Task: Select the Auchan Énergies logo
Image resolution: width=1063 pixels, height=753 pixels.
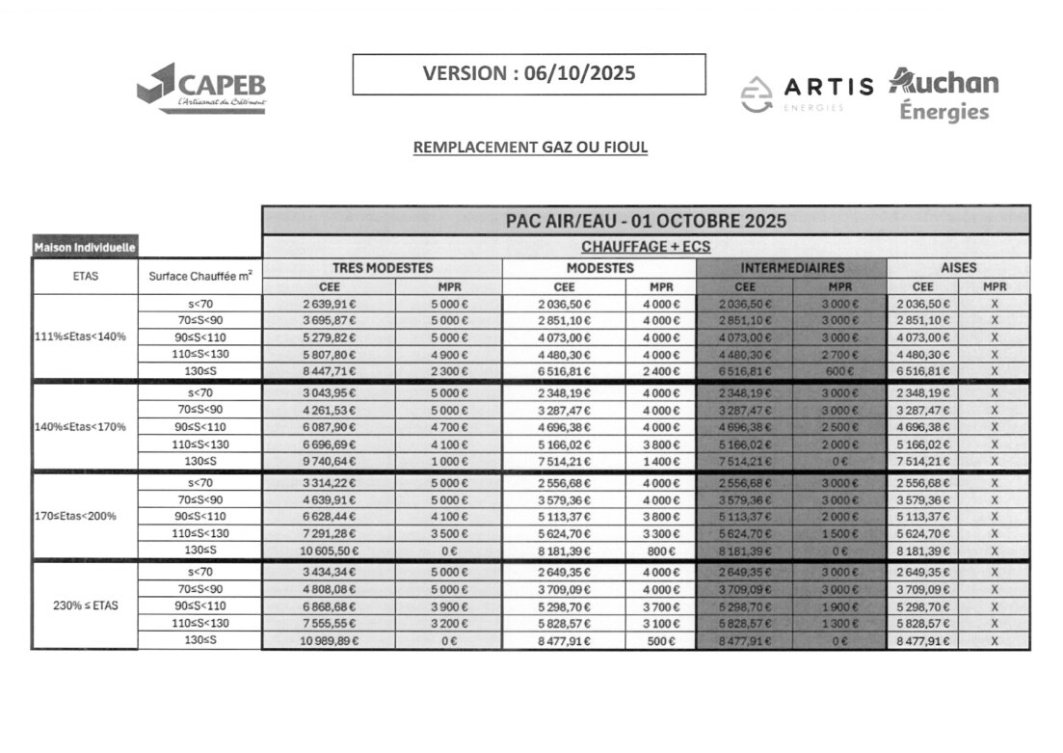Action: (943, 94)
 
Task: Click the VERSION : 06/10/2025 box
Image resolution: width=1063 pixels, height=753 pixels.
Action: (528, 74)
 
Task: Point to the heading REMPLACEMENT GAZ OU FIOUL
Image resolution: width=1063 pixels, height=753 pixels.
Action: (530, 148)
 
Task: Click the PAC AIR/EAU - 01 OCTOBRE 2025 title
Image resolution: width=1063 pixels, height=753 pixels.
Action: (646, 221)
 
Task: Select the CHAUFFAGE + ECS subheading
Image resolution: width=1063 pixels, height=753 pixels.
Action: (646, 247)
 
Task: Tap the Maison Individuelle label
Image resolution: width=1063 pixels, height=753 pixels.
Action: (85, 248)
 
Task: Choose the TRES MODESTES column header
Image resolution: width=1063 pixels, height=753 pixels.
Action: (383, 268)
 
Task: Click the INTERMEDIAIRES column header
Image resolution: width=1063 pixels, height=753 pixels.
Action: (791, 268)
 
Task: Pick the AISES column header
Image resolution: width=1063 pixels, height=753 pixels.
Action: (958, 268)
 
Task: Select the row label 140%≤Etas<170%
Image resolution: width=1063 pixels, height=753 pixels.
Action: (85, 426)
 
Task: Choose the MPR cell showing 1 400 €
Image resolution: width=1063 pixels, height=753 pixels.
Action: (660, 460)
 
